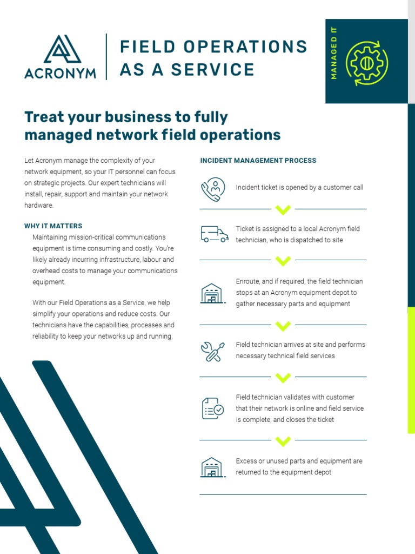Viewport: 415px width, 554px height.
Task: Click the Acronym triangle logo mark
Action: coord(62,49)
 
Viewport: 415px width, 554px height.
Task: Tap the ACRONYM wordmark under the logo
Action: coord(61,73)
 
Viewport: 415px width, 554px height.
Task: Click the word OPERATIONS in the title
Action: coord(245,47)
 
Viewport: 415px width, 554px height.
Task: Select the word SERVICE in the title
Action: coord(213,69)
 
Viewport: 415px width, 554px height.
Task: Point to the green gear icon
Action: coord(366,63)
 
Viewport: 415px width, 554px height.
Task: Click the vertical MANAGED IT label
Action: coord(333,53)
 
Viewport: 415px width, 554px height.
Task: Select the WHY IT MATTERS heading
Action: coord(53,226)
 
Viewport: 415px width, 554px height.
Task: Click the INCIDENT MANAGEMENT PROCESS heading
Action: coord(258,160)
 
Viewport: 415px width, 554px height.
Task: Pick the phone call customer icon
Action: coord(213,189)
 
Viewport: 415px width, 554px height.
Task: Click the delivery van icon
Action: coord(214,234)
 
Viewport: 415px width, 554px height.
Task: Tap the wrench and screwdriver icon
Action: coord(212,352)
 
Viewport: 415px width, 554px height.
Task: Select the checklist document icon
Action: coord(213,408)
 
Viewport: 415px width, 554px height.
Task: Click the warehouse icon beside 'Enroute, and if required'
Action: coord(213,293)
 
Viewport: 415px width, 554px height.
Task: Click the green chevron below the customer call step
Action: coord(283,209)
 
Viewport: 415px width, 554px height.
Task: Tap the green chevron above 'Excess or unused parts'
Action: coord(283,441)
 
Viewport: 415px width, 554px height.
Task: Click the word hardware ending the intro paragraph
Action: coord(38,205)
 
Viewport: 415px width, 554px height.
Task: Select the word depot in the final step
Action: coord(323,472)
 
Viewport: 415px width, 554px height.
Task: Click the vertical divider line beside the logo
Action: coord(106,57)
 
